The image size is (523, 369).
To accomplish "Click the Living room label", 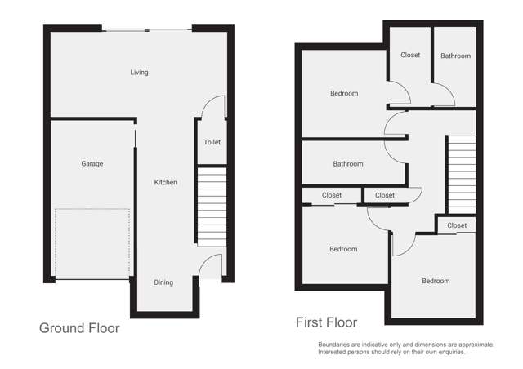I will tap(139, 73).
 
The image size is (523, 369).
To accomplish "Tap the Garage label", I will tap(92, 164).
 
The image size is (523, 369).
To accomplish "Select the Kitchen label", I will tap(166, 182).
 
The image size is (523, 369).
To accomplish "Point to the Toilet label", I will tap(212, 142).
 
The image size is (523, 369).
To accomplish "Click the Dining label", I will tap(163, 282).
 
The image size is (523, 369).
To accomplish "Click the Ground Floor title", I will tap(79, 328).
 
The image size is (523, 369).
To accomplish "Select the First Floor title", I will tap(326, 322).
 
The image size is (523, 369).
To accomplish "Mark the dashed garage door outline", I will tap(92, 243).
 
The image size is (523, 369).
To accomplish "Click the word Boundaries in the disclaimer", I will tap(335, 345).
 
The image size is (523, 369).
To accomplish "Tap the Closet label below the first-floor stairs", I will tap(457, 225).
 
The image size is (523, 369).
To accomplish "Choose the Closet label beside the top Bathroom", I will tap(410, 56).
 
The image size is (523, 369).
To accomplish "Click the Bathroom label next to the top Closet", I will tap(455, 56).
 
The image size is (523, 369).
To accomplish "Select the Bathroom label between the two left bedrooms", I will tap(347, 164).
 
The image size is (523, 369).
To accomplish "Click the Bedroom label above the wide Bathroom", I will tap(344, 93).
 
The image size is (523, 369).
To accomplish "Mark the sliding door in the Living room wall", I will tap(148, 30).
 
